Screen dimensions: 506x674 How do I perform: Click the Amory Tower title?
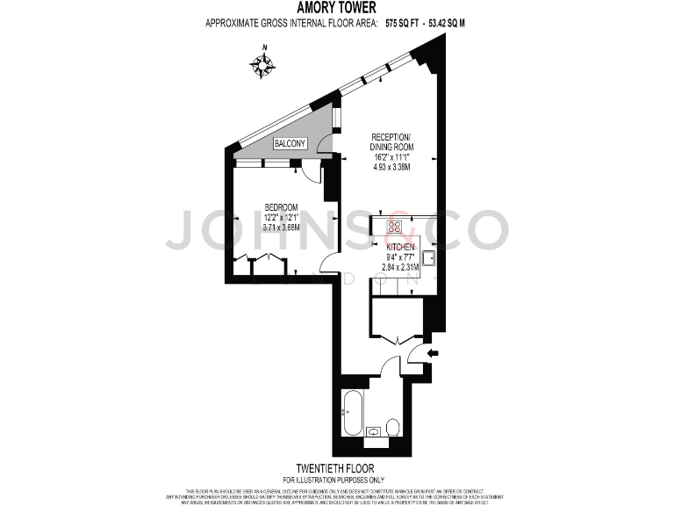[x=336, y=8]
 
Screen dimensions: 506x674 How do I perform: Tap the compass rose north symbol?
[x=262, y=64]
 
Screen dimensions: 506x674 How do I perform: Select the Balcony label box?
[x=290, y=143]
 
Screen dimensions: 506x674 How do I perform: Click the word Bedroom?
[x=282, y=207]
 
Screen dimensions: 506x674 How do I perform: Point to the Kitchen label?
[x=399, y=248]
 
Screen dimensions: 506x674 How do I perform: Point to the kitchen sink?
[x=429, y=258]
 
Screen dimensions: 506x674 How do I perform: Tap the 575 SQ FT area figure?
[x=402, y=23]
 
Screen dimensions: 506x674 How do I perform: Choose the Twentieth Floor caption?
[x=336, y=468]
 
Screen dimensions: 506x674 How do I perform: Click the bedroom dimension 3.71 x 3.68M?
[x=281, y=228]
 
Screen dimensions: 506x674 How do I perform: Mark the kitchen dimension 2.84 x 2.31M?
[x=399, y=267]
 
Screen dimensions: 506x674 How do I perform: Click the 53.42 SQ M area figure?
[x=445, y=23]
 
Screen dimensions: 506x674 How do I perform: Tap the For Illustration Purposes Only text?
[x=336, y=479]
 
